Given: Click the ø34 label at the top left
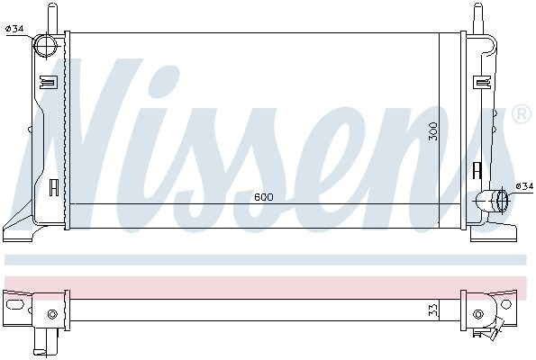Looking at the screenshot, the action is coord(14,29).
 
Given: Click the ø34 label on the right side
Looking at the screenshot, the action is coord(524,186).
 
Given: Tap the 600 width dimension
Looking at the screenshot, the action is coord(264,197).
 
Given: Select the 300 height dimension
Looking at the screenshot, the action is coord(433,131).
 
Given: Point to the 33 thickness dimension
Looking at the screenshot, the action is coord(433,311).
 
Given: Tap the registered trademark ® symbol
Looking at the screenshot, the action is coord(522,114).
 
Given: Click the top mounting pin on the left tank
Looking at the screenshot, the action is coord(52,18).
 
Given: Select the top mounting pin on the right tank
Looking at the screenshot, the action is coord(477,18).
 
